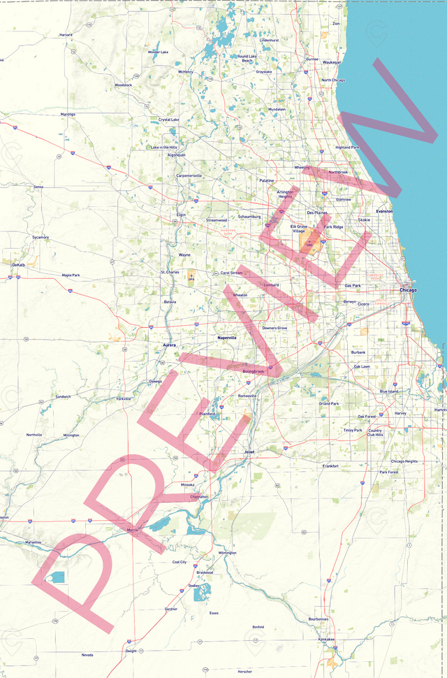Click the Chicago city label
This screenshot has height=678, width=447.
[x=408, y=290]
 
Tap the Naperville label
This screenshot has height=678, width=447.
[x=227, y=338]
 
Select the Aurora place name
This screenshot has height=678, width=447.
[x=170, y=345]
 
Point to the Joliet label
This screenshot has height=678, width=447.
[x=249, y=452]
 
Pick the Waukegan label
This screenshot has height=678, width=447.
[x=332, y=62]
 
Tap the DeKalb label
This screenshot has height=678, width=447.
[x=18, y=265]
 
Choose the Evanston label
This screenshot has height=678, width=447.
[x=384, y=211]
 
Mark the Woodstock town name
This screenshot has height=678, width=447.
[x=123, y=85]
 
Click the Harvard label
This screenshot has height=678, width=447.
[x=66, y=34]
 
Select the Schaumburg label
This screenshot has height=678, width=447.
[x=249, y=217]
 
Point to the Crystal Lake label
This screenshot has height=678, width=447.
[x=169, y=120]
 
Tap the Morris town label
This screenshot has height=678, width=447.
[x=132, y=531]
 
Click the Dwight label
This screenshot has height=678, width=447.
[x=131, y=651]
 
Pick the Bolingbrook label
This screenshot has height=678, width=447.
[x=253, y=371]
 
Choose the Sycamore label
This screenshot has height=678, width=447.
[x=41, y=237]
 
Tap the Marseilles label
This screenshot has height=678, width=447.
[x=33, y=542]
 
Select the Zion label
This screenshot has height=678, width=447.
[x=336, y=23]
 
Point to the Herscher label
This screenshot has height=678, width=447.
[x=244, y=672]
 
